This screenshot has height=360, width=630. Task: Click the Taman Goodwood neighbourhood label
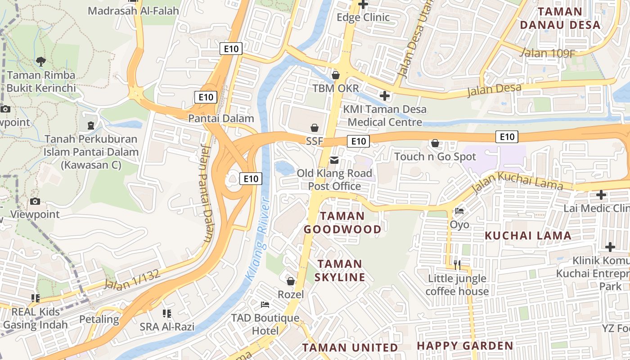342,223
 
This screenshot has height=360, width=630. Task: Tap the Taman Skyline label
340,270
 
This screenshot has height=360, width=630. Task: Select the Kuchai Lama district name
528,235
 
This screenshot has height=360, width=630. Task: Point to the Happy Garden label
465,346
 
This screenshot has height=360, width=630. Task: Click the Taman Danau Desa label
560,18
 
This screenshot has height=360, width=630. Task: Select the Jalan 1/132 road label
132,279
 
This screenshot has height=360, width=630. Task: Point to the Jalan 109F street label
547,53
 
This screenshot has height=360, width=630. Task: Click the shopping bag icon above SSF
315,128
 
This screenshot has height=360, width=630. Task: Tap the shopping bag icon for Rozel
291,282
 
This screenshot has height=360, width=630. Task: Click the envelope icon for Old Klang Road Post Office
334,160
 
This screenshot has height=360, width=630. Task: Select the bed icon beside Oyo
459,211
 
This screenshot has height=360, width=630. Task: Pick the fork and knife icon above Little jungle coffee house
457,265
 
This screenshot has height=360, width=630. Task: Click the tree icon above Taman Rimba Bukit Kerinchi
41,61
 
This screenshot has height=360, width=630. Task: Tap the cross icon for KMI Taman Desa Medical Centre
385,96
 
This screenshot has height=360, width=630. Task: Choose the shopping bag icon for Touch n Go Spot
435,144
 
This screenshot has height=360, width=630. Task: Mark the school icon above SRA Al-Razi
167,314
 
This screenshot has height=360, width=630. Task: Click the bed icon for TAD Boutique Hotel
265,305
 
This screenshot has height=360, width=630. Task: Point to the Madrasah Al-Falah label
133,11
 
